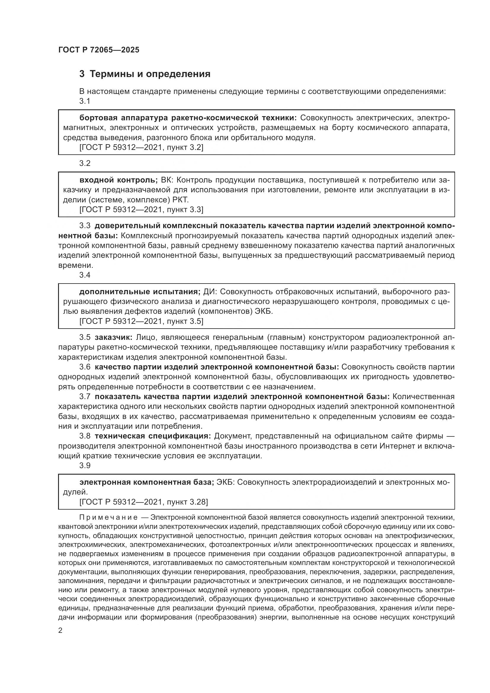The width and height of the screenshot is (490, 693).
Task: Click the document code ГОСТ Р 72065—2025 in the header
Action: (x=99, y=50)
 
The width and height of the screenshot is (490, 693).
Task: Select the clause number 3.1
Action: (x=85, y=101)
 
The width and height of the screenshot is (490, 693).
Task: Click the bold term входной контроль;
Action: (x=119, y=180)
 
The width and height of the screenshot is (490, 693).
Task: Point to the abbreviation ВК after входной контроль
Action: (x=166, y=180)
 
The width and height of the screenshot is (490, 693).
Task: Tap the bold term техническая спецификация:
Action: (x=153, y=436)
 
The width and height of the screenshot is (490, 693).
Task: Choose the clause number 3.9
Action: (x=85, y=465)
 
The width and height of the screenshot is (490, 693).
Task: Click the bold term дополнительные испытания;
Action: (x=140, y=292)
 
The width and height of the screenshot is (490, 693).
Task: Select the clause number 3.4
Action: (x=85, y=275)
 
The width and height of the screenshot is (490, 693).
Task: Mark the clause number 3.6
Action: (x=85, y=367)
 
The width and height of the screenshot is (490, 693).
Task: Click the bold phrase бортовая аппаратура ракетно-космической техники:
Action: (x=188, y=118)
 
